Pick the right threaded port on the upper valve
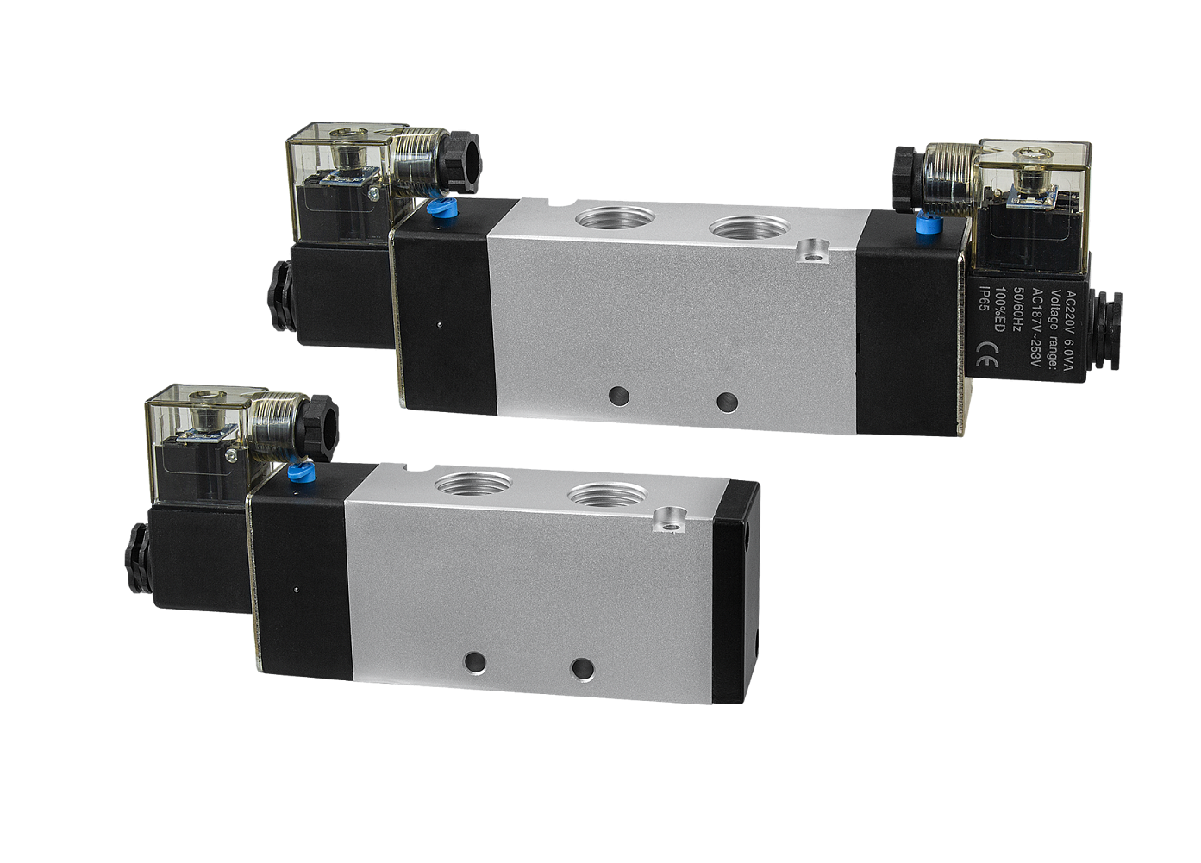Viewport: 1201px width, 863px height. click(749, 228)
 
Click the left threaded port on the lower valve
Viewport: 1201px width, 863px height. click(473, 486)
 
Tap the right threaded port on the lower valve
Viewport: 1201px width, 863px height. click(608, 494)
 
